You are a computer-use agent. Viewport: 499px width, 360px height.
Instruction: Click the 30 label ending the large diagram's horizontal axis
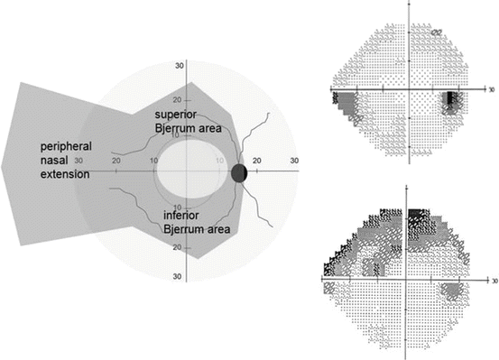click(x=293, y=160)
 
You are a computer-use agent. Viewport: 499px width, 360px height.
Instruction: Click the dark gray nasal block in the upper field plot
click(x=345, y=102)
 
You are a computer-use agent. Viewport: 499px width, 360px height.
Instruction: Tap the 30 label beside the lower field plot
click(x=491, y=281)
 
